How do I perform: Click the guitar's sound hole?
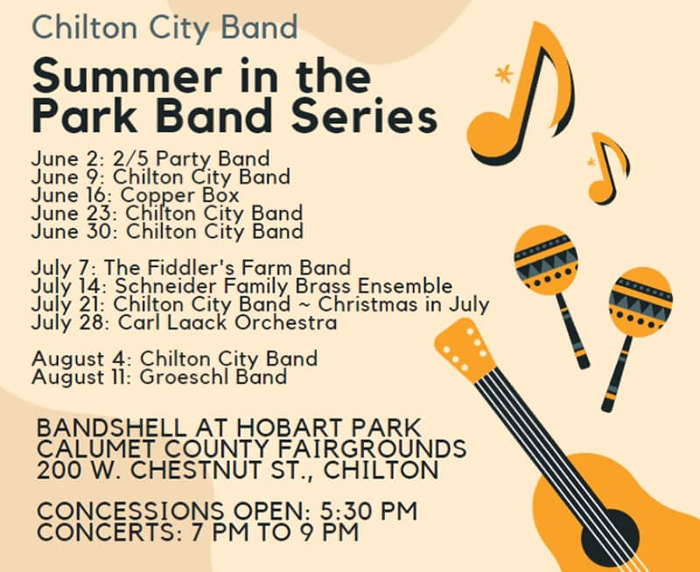(x=610, y=538)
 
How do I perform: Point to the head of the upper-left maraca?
(x=545, y=260)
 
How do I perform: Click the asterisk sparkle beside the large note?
(x=504, y=74)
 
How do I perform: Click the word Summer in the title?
(x=127, y=76)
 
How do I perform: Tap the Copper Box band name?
(x=180, y=195)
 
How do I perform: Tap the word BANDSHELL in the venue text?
(x=111, y=428)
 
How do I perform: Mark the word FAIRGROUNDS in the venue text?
(x=373, y=449)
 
